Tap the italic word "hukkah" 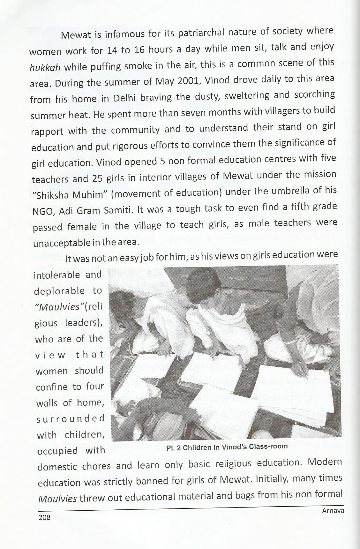(x=43, y=68)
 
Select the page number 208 (x=44, y=517)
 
